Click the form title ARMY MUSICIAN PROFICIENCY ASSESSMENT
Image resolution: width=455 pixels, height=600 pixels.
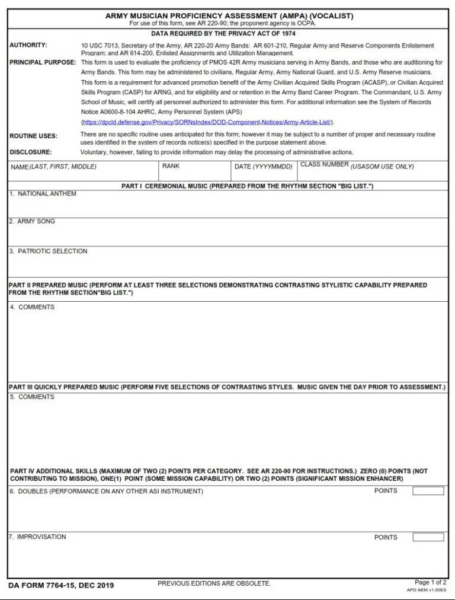pos(229,16)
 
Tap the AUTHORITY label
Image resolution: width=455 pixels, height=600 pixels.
pos(28,46)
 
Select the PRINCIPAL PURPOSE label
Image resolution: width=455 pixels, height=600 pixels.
pos(43,62)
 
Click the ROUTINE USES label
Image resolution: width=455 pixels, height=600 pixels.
pos(33,136)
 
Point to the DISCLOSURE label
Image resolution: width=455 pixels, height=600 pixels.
pos(30,152)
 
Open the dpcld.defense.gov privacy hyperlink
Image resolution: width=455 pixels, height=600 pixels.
pos(207,122)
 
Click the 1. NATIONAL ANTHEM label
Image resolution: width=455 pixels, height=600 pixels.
pos(43,194)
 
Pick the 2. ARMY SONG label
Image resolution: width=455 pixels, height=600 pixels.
pos(32,221)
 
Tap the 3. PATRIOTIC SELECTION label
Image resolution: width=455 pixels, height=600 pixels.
pos(48,251)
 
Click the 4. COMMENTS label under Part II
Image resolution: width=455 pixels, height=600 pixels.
pos(32,307)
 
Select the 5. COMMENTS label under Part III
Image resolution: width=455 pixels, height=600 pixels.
pos(32,397)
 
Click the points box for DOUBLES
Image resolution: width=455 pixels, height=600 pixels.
pos(428,491)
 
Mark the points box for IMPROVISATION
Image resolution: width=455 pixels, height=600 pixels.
pos(428,537)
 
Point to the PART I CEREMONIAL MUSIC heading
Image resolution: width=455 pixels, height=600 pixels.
pos(247,186)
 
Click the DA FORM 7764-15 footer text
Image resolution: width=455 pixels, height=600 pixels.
pos(62,586)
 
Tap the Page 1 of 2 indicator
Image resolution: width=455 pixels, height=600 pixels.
pos(431,582)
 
